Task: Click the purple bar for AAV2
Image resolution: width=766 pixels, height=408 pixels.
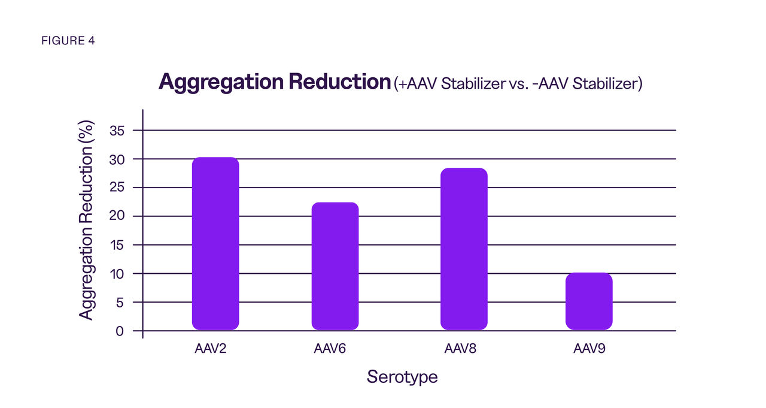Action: [x=215, y=243]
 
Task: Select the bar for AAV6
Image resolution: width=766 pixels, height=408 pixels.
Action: [x=335, y=266]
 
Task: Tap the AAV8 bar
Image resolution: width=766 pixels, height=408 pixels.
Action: [x=464, y=249]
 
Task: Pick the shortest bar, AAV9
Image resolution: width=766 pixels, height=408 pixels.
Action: [x=589, y=301]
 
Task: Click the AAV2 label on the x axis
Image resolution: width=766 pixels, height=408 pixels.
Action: [x=211, y=349]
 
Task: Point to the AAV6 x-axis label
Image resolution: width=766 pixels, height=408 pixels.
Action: [x=330, y=349]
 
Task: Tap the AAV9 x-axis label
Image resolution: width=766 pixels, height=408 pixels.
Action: [x=589, y=349]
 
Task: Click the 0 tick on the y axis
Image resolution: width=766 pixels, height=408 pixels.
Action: [x=121, y=331]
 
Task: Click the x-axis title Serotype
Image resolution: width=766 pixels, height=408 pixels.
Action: [x=402, y=377]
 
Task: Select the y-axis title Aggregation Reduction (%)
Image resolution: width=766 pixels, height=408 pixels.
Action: [x=87, y=220]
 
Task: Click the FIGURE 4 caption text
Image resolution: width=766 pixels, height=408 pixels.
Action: [x=68, y=41]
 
